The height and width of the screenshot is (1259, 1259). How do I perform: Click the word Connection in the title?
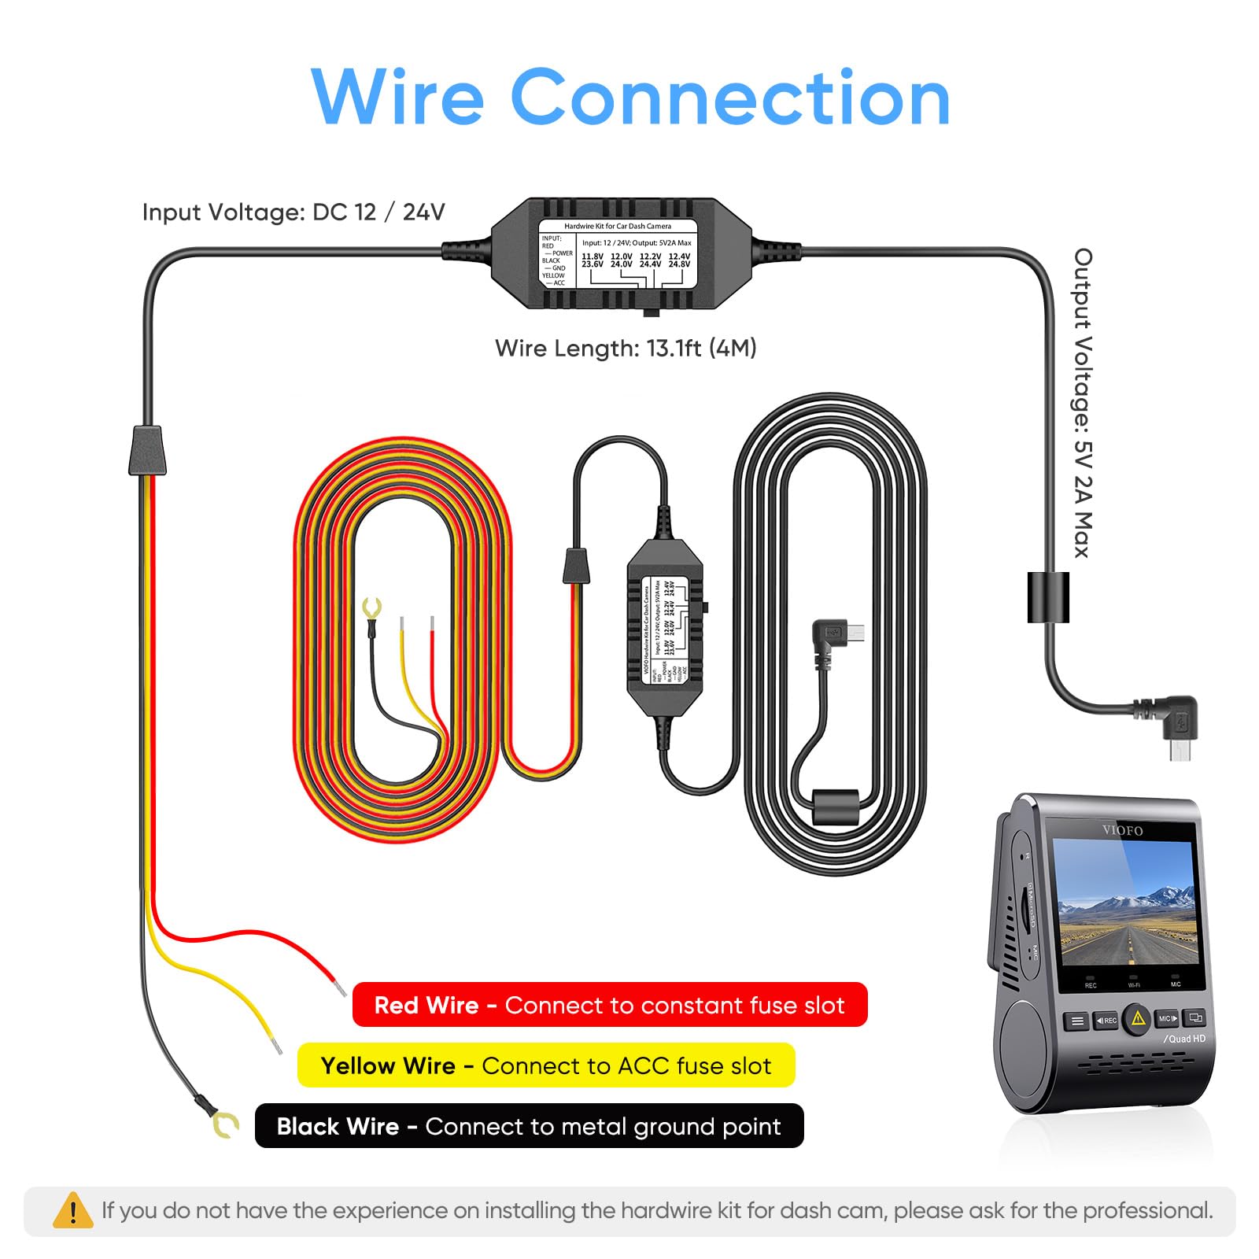pyautogui.click(x=730, y=98)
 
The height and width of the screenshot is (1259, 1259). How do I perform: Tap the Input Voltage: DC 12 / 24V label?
pyautogui.click(x=294, y=212)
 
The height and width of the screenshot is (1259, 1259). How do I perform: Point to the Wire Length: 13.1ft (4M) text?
pyautogui.click(x=626, y=348)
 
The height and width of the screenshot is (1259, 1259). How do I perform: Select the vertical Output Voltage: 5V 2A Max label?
pyautogui.click(x=1084, y=403)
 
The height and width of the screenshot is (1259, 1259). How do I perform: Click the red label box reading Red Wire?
pyautogui.click(x=609, y=1005)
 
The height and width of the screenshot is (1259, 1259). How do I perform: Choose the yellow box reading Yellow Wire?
pyautogui.click(x=546, y=1065)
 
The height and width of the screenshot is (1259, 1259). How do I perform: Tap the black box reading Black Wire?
pyautogui.click(x=529, y=1126)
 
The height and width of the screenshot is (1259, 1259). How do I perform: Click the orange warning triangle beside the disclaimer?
pyautogui.click(x=72, y=1210)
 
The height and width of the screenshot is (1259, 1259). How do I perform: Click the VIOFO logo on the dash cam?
pyautogui.click(x=1122, y=830)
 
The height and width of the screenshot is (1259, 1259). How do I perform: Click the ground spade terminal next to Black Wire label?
pyautogui.click(x=225, y=1124)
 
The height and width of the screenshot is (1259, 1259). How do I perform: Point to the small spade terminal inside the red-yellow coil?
pyautogui.click(x=371, y=609)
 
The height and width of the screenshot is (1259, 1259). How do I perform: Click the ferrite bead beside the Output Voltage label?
pyautogui.click(x=1048, y=597)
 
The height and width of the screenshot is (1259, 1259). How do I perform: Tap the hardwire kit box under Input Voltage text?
pyautogui.click(x=622, y=253)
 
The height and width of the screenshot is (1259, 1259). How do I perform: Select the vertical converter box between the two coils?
pyautogui.click(x=665, y=627)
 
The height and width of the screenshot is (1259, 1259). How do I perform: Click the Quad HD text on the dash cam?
pyautogui.click(x=1185, y=1039)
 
